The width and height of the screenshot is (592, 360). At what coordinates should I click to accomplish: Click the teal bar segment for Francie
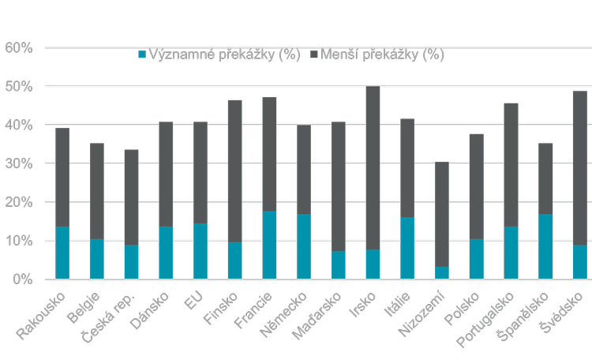270,245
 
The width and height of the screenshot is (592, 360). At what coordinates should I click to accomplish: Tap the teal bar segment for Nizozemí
442,272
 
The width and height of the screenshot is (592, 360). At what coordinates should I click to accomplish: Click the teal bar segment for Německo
304,246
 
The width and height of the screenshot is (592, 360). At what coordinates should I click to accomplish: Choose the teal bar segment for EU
200,251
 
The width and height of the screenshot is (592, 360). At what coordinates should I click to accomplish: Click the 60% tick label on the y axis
18,48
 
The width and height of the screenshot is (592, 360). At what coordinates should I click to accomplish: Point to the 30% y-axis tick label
18,163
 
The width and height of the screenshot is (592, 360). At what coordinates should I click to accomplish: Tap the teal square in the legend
142,55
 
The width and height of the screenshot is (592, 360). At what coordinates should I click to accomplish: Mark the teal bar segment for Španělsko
545,246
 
